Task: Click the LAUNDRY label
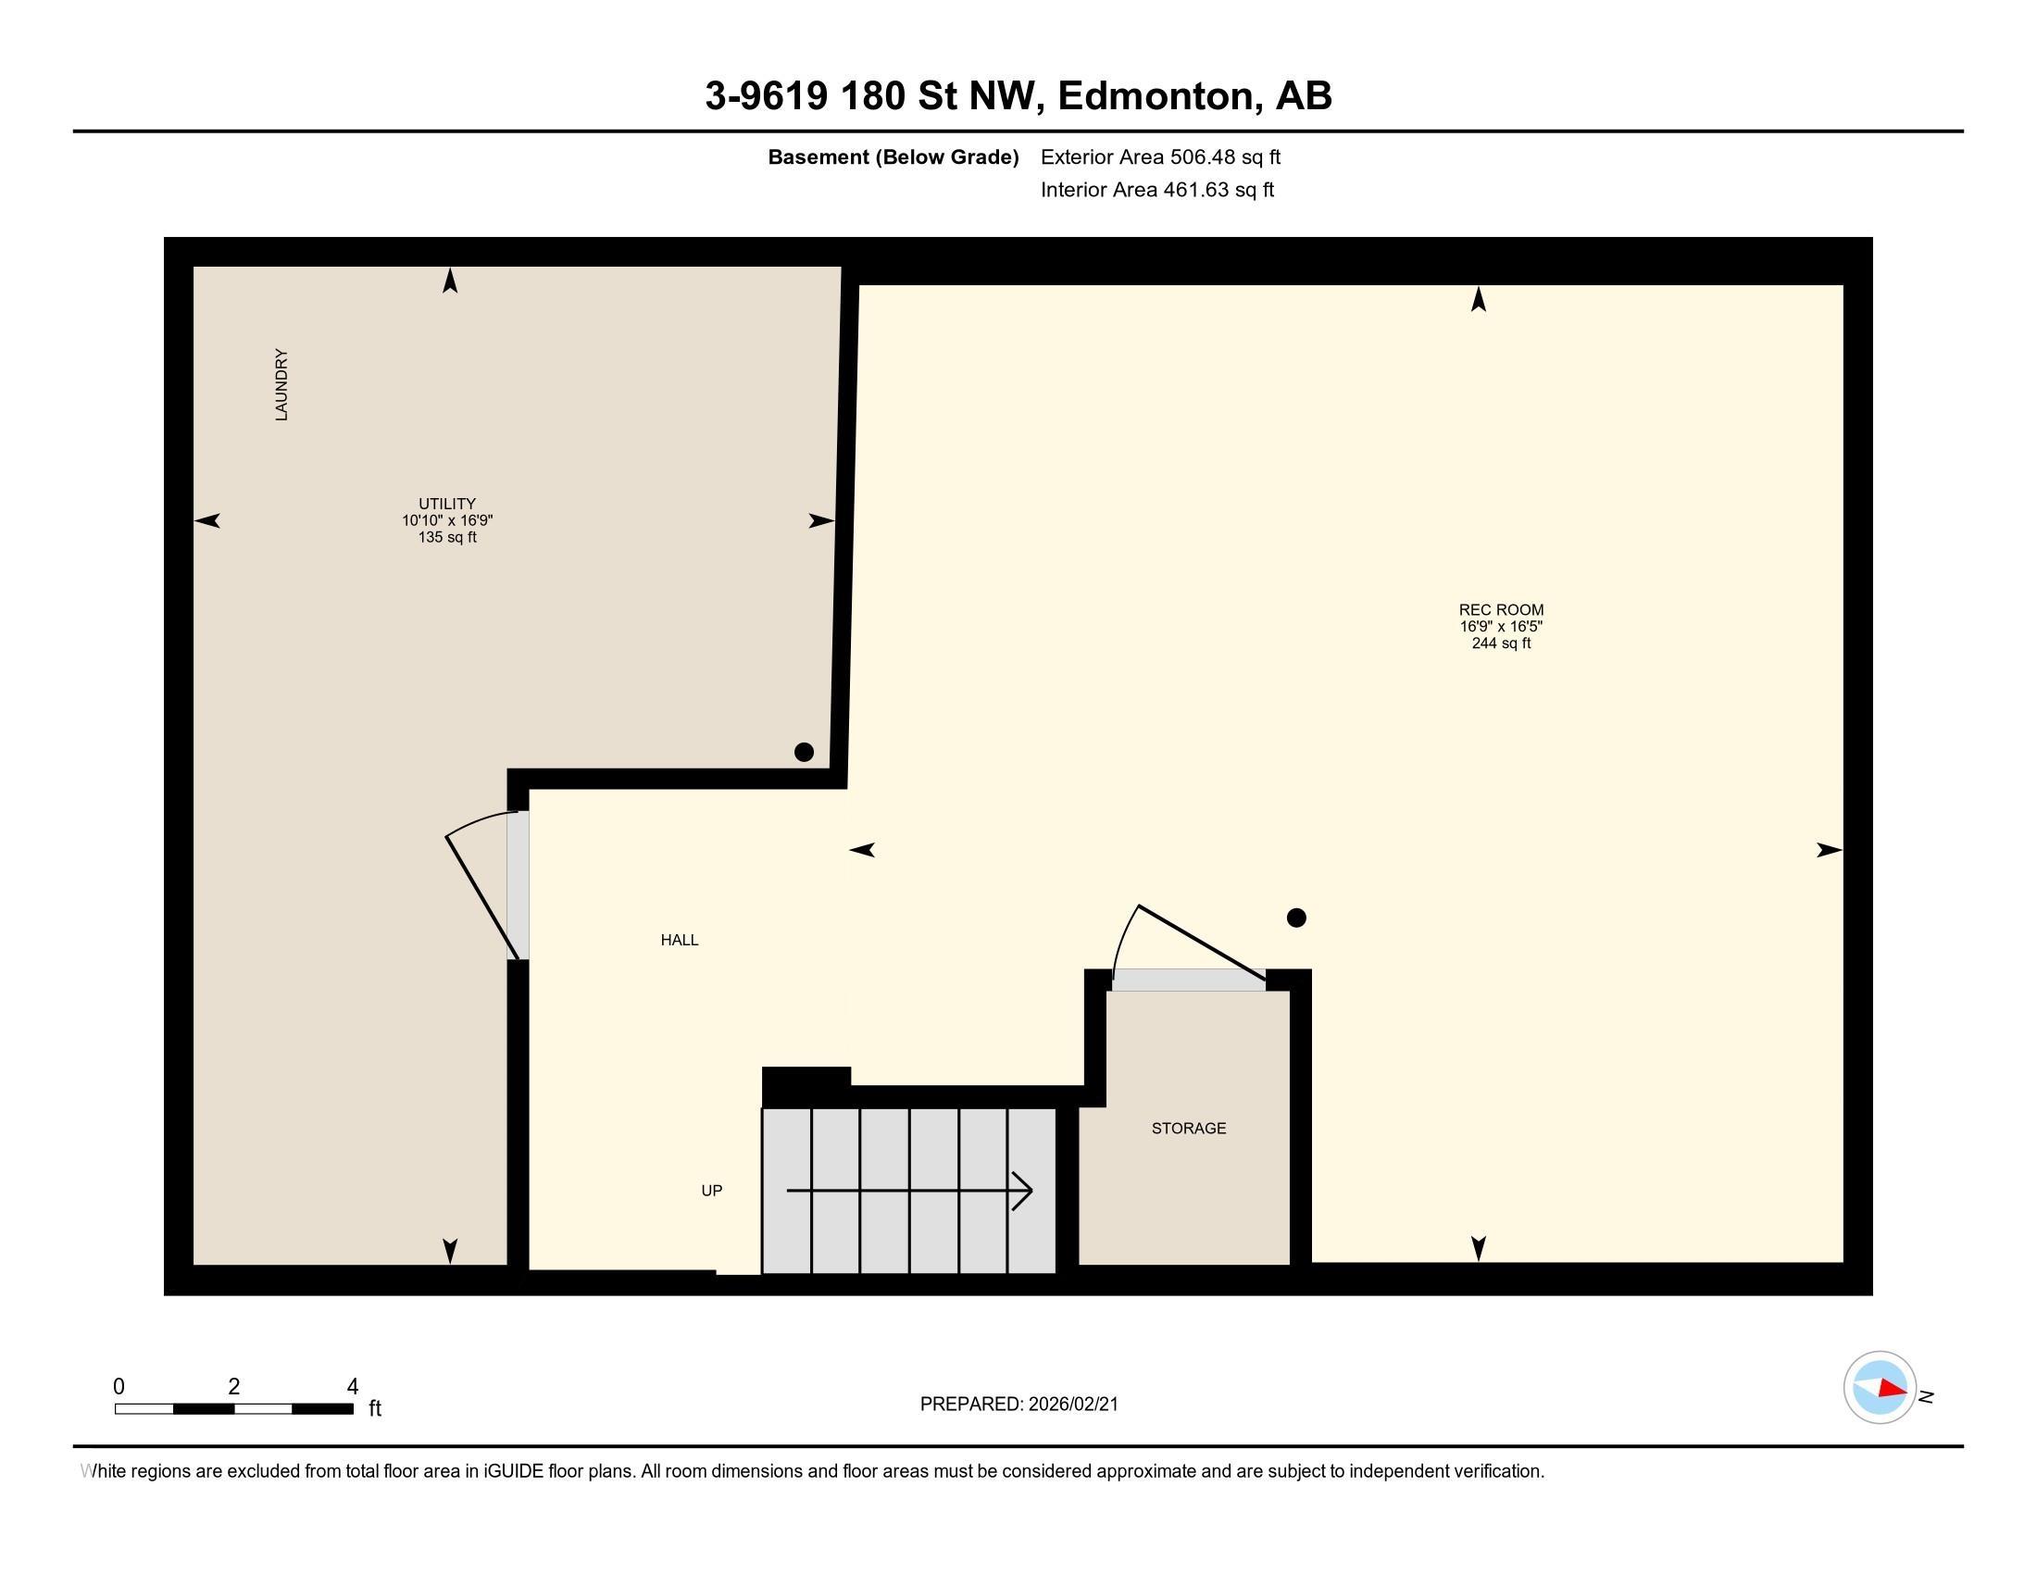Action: point(281,385)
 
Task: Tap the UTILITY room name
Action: point(448,504)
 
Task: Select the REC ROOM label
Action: point(1502,610)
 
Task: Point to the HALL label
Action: point(680,940)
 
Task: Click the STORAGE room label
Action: point(1189,1129)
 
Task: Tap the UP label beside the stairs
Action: point(712,1191)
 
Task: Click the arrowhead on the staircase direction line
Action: point(1023,1191)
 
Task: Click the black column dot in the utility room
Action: point(804,752)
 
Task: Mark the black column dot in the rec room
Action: point(1296,918)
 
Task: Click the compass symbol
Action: point(1881,1388)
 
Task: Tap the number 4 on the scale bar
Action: point(353,1387)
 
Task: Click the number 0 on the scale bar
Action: point(119,1387)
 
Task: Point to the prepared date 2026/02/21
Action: point(1073,1405)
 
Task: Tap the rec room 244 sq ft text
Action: point(1502,643)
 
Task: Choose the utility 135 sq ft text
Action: point(448,537)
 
